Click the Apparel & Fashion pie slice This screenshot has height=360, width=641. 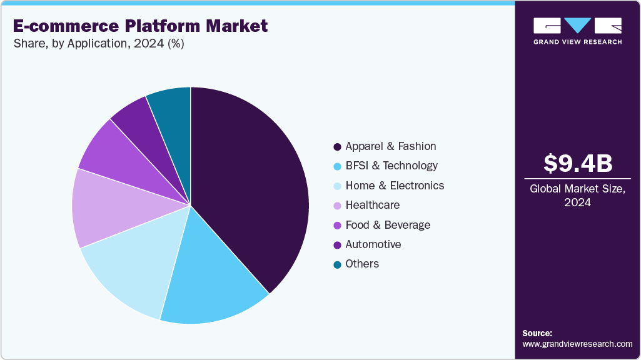coord(250,187)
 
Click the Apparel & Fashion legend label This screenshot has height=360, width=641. coord(391,146)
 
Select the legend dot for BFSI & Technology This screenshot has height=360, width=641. coord(338,166)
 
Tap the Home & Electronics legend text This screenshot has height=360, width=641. coord(395,186)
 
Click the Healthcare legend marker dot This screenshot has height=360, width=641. coord(338,206)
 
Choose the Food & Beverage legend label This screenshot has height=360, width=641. coord(388,225)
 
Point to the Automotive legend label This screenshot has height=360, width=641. coord(373,244)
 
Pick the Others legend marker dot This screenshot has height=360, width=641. coord(338,264)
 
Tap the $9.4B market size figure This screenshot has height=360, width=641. coord(577,163)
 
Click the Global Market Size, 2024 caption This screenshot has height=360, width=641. coord(577,196)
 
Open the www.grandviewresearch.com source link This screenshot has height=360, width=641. coord(577,344)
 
